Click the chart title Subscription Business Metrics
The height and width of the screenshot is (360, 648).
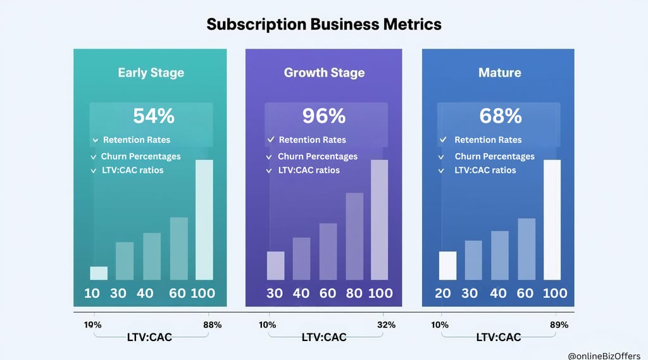coord(323,24)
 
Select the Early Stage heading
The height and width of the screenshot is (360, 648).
coord(151,72)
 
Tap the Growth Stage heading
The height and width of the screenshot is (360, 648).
coord(324,72)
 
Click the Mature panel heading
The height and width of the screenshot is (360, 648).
coord(499,72)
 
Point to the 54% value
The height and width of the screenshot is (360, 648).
coord(153,116)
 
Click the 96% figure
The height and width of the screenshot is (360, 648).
coord(324,116)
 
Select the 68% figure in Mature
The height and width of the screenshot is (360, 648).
coord(500,116)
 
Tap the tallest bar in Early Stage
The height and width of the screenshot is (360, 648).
coord(204,220)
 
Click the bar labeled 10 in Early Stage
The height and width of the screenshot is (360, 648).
coord(99,273)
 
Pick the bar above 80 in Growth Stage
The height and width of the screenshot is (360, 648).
coord(354,236)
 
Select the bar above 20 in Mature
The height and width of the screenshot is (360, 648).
coord(447,265)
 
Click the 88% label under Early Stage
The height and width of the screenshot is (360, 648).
coord(212,325)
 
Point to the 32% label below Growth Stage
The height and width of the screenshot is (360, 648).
coord(387,325)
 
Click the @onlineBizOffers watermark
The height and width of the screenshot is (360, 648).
coord(604,356)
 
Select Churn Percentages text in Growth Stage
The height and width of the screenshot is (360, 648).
coord(317,156)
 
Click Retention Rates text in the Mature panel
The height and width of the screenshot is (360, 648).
coord(488,140)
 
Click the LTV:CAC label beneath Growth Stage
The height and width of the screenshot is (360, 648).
coord(325,337)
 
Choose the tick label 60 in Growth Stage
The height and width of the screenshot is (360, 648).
coord(327,293)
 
